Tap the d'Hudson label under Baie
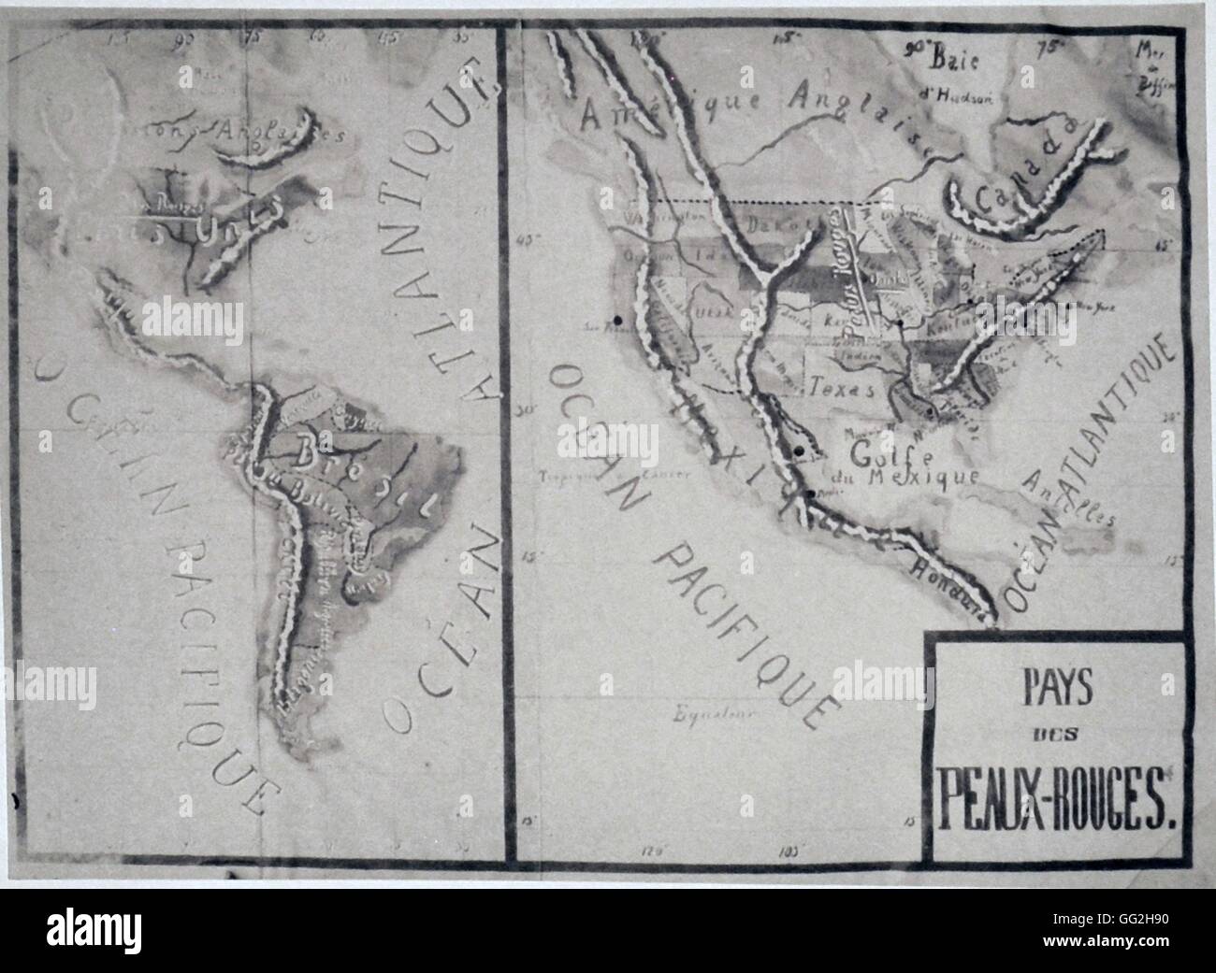pyautogui.click(x=963, y=94)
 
